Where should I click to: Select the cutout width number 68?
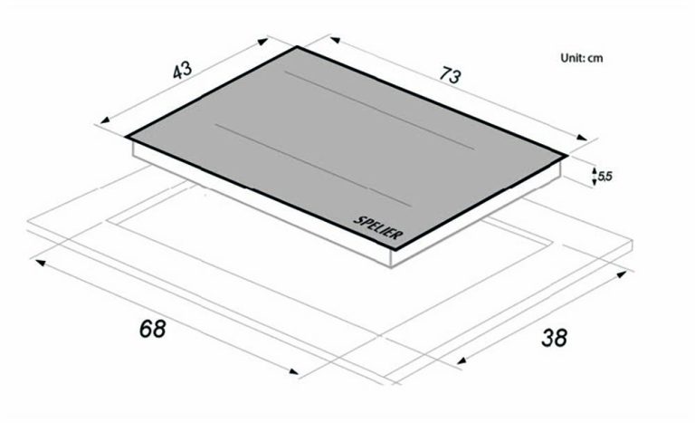pos(152,328)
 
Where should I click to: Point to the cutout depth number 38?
pos(554,339)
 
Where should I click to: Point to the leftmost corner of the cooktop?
pos(127,139)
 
